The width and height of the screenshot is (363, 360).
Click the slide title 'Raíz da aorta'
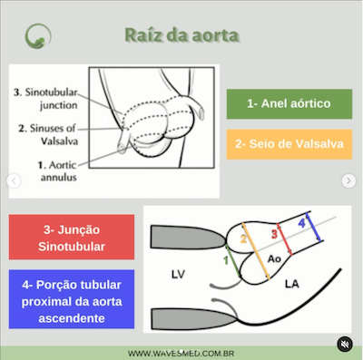(x=181, y=36)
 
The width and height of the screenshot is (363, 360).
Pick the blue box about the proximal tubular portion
(x=71, y=300)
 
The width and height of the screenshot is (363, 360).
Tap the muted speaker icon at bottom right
(x=344, y=344)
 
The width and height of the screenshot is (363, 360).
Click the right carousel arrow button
(x=348, y=181)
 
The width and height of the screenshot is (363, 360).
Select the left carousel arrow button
(x=14, y=181)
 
